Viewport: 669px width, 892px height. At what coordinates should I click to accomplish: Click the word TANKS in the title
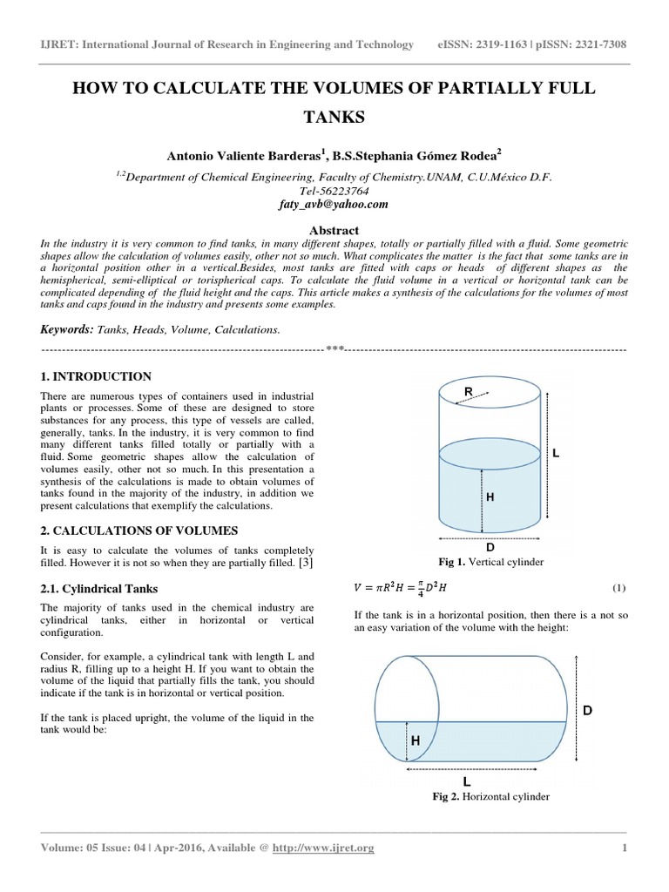pyautogui.click(x=334, y=117)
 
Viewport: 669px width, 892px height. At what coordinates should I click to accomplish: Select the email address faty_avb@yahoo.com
pyautogui.click(x=334, y=204)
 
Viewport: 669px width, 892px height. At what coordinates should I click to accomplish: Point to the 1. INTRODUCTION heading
pyautogui.click(x=97, y=377)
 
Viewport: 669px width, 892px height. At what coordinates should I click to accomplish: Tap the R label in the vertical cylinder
pyautogui.click(x=468, y=394)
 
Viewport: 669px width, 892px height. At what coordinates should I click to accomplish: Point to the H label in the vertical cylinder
pyautogui.click(x=490, y=497)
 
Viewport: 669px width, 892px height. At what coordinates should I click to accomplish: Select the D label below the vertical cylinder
pyautogui.click(x=490, y=547)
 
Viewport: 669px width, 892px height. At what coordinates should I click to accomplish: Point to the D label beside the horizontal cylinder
pyautogui.click(x=587, y=712)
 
